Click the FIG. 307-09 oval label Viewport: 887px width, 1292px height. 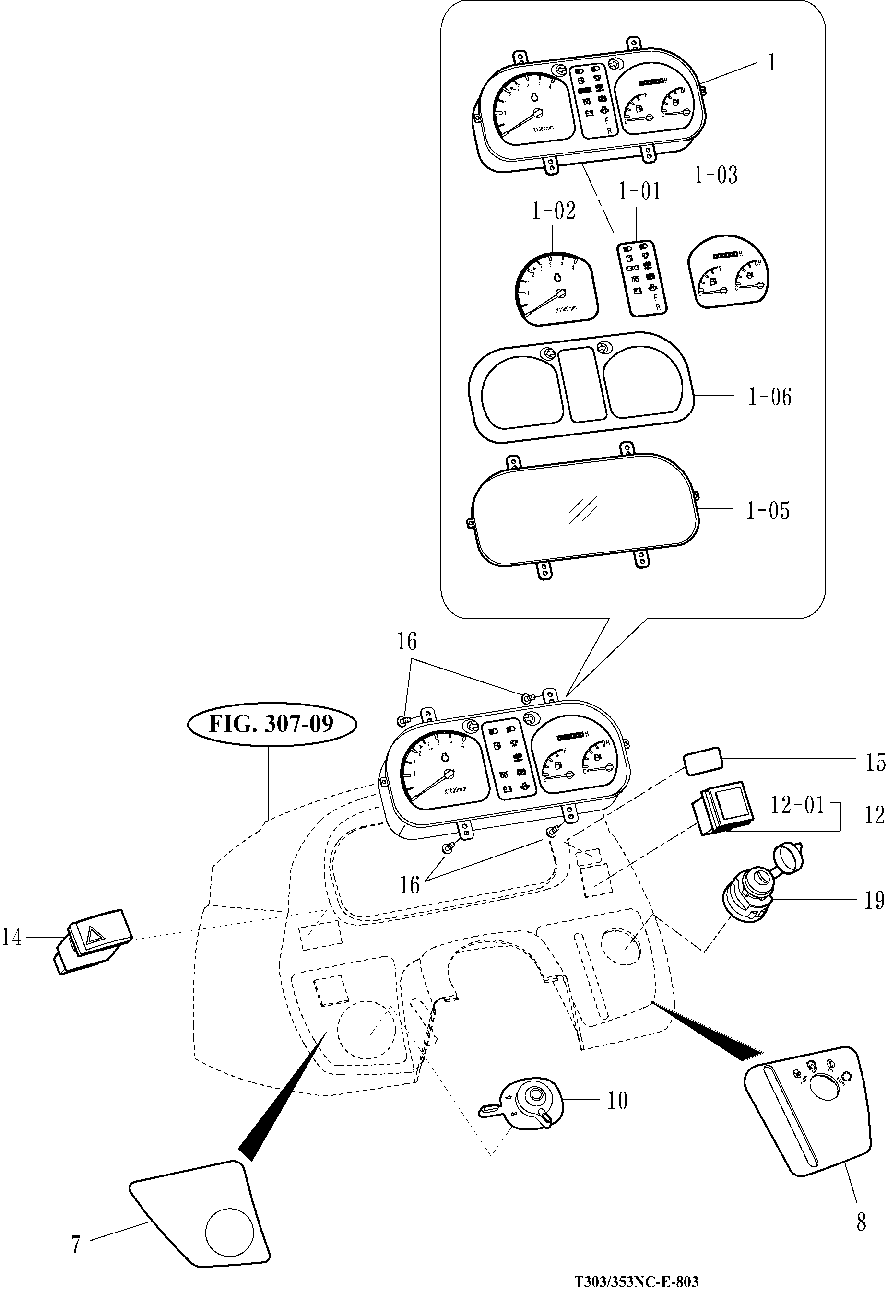tap(271, 723)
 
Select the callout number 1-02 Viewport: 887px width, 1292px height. tap(553, 212)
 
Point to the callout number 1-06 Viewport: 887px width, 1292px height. tap(769, 397)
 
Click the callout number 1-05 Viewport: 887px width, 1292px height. tap(768, 510)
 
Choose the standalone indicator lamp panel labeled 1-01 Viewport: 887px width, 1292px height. tap(642, 279)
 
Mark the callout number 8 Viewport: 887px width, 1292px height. tap(861, 1222)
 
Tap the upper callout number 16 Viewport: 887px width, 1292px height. tap(406, 642)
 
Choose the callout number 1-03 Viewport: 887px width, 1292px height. tap(715, 176)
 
